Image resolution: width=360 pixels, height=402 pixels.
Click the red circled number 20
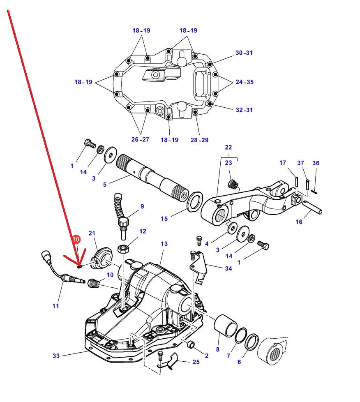(x=76, y=240)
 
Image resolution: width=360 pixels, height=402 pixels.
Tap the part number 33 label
(x=56, y=356)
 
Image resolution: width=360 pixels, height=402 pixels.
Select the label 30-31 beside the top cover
(x=244, y=53)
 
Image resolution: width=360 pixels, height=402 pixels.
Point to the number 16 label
(x=299, y=222)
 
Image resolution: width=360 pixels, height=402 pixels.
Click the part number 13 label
(x=164, y=244)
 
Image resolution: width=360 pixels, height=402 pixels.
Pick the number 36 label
(x=316, y=163)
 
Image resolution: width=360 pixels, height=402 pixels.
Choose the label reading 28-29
(x=199, y=140)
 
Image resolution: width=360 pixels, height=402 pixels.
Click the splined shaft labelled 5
(x=152, y=178)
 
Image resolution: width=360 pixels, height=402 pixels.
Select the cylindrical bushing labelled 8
(x=226, y=326)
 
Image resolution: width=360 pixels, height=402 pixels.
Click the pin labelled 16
(x=312, y=208)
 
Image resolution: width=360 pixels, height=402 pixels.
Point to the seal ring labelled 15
(x=195, y=201)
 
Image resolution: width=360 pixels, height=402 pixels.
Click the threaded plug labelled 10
(x=93, y=283)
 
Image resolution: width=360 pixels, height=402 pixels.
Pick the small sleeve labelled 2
(x=191, y=344)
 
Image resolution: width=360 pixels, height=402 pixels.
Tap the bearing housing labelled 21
(x=102, y=258)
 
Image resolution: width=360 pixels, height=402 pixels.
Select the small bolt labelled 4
(x=199, y=241)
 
